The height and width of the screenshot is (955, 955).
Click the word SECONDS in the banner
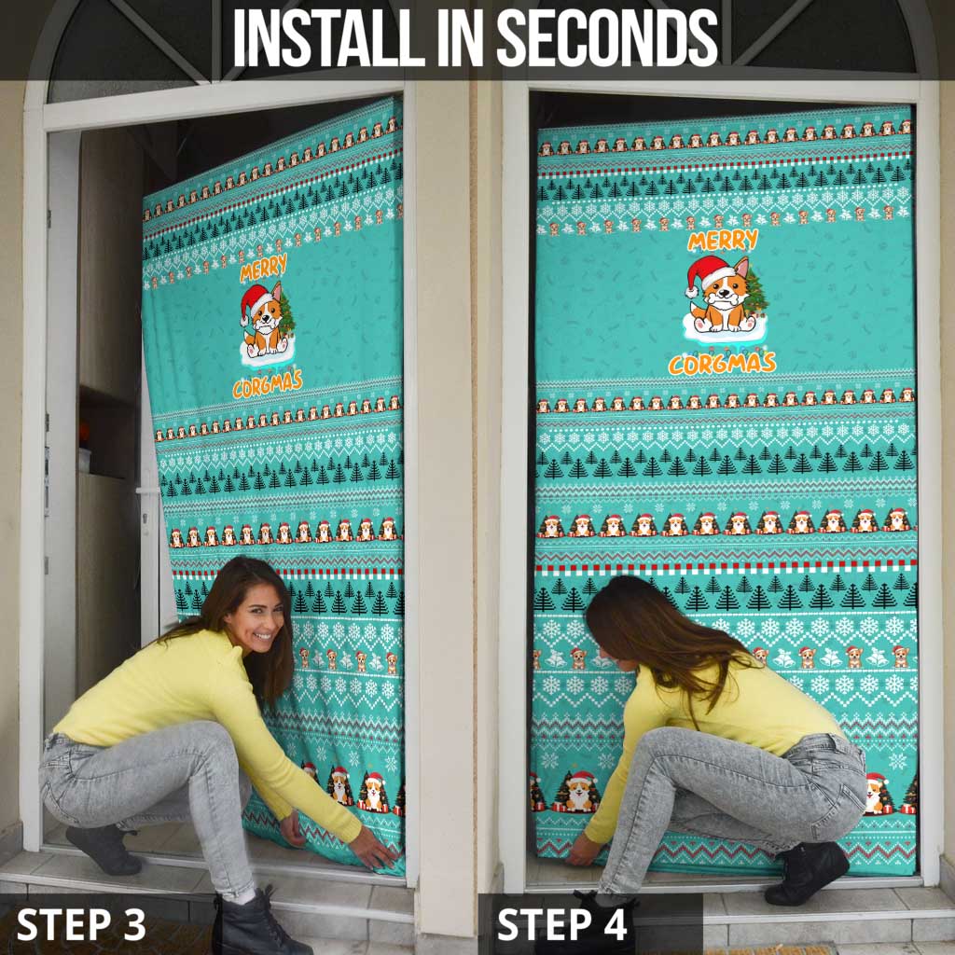(607, 38)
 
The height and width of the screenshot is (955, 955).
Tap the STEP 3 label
(81, 924)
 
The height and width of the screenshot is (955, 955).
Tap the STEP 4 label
(562, 924)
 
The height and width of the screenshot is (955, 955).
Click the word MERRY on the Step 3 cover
(263, 270)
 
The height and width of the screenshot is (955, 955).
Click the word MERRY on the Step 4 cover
(723, 242)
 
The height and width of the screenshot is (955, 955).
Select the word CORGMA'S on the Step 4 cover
(722, 362)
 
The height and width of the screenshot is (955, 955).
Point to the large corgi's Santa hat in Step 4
(710, 273)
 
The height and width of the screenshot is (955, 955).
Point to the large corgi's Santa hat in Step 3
(254, 301)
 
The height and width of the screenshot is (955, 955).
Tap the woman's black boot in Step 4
(807, 872)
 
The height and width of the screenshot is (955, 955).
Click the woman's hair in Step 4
(653, 625)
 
